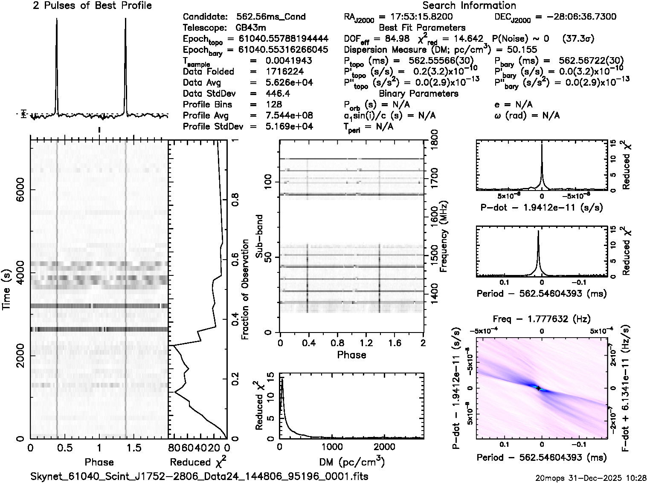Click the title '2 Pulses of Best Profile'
click(92, 6)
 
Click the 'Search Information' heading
click(469, 6)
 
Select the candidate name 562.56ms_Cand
click(271, 17)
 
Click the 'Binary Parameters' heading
click(418, 93)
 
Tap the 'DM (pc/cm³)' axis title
click(352, 462)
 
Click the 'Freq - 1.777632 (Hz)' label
click(541, 319)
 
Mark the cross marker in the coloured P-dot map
click(538, 388)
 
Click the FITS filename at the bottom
click(200, 476)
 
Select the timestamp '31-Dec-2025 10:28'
click(614, 477)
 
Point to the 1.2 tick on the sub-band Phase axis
click(366, 343)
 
